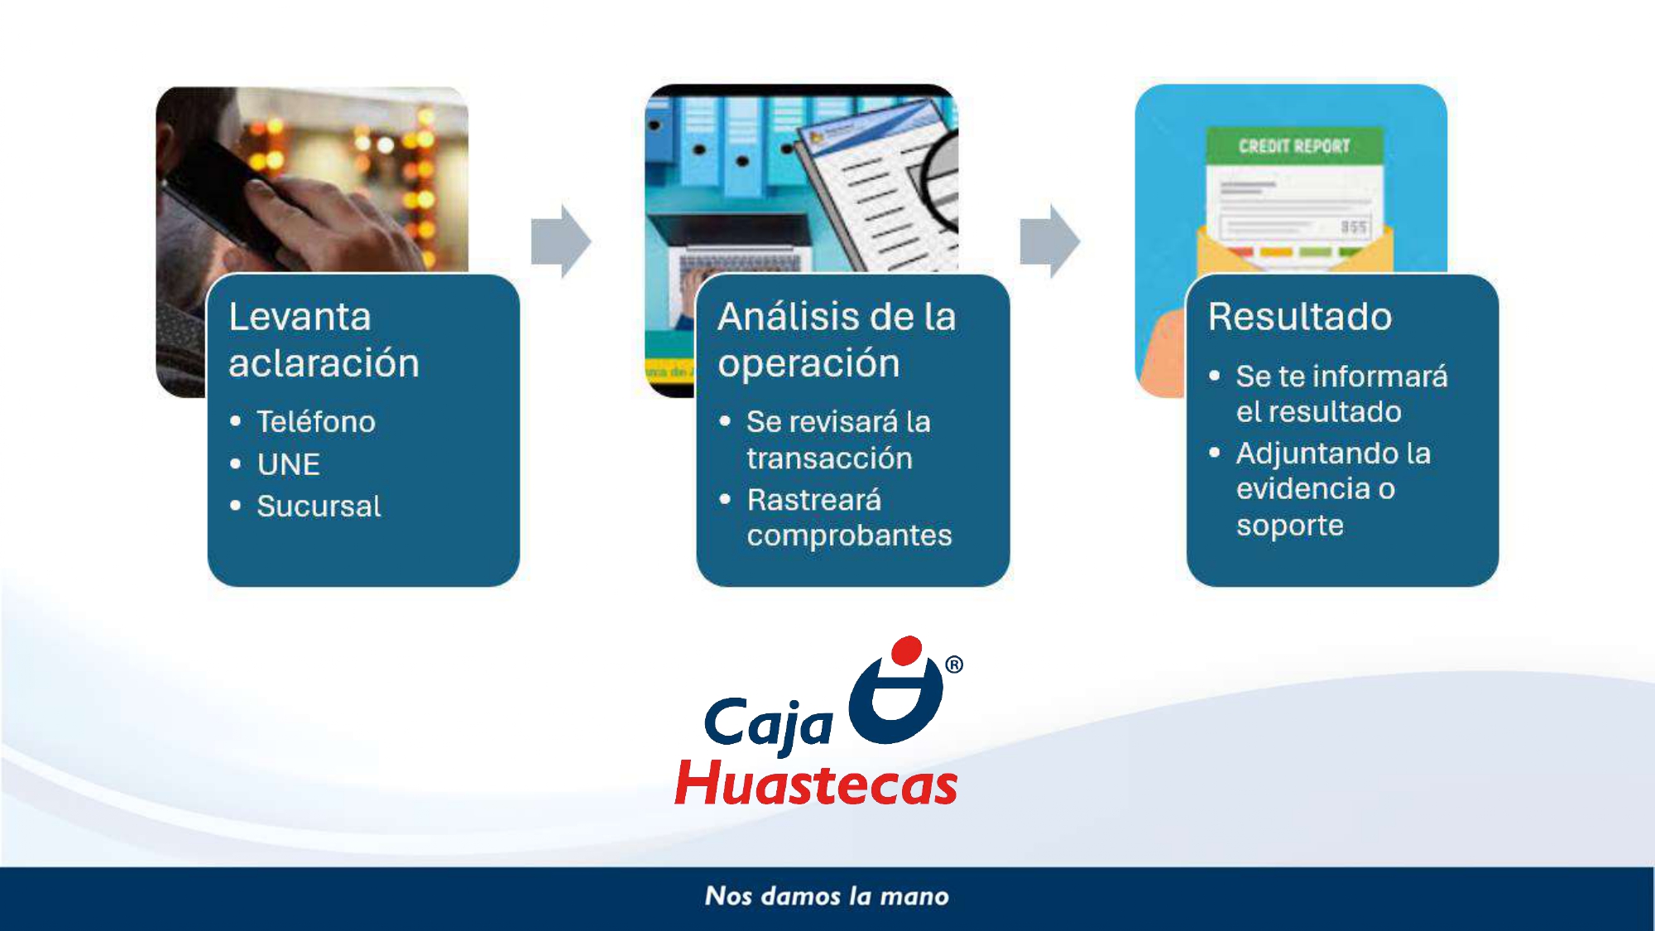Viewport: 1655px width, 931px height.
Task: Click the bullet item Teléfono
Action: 316,422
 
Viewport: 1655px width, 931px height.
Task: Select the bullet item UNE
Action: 288,464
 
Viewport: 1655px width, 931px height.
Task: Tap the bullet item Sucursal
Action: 319,506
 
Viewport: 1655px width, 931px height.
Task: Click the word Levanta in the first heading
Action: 300,317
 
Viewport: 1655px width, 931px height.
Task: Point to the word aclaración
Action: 324,364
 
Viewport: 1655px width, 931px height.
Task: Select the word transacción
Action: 829,458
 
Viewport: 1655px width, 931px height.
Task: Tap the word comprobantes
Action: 849,536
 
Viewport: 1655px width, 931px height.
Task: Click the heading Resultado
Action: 1300,317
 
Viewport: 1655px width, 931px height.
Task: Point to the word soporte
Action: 1290,526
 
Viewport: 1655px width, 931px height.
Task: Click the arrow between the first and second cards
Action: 561,241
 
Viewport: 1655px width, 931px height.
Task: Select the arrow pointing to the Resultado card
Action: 1050,241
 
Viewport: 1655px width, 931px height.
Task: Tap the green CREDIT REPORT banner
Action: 1294,146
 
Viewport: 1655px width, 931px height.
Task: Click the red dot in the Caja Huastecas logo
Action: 908,650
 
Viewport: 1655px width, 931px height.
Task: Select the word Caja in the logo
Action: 768,723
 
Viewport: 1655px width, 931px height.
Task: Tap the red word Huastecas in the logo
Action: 816,784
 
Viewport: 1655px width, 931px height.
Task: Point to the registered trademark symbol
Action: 954,665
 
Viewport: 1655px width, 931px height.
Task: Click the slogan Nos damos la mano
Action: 827,896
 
